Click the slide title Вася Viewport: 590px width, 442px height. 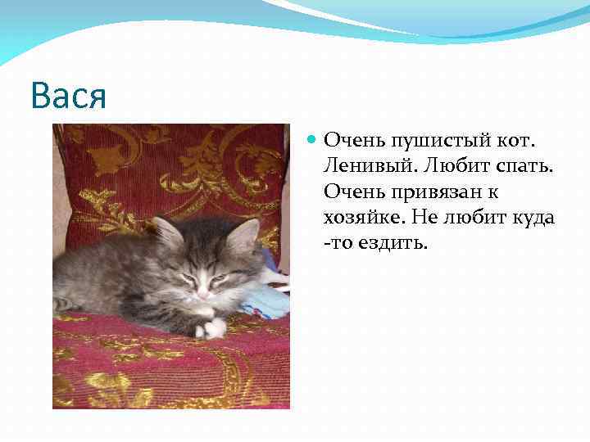[x=69, y=97]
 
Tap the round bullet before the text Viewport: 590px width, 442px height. [x=311, y=141]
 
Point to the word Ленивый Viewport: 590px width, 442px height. [x=371, y=167]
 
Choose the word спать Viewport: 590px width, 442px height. [x=526, y=167]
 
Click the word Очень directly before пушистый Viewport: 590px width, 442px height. [x=350, y=141]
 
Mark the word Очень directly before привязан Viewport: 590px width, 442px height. [x=350, y=193]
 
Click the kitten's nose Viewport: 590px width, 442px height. [x=202, y=292]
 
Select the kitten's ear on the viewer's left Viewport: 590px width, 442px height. [x=167, y=233]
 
